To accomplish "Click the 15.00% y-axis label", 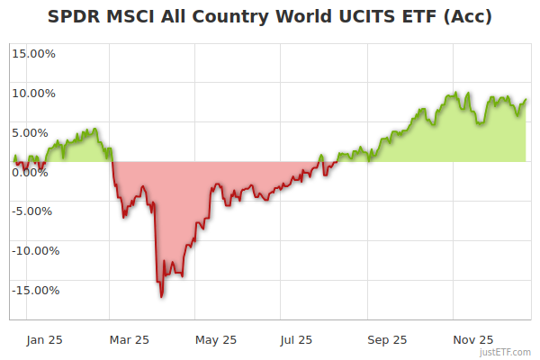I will coord(33,53).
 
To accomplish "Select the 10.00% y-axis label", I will coord(33,93).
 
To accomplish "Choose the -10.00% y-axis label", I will coord(33,251).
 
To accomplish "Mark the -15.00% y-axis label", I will coord(33,291).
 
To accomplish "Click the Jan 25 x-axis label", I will coord(44,339).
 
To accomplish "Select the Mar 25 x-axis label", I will coord(129,339).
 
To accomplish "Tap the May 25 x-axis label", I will coord(216,339).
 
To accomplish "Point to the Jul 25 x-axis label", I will coord(297,339).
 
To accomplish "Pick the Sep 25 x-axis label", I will coord(387,339).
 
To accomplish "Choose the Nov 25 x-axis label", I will coord(472,339).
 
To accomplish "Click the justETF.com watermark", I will coord(506,352).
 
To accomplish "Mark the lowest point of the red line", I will coord(161,296).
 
